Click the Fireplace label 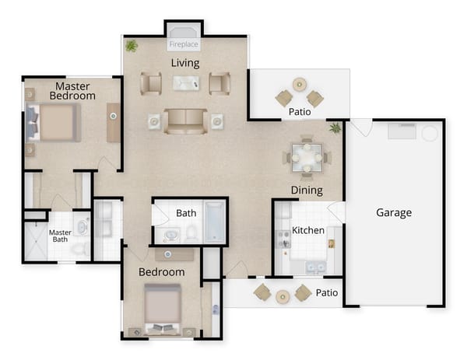click(184, 45)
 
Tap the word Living click(184, 63)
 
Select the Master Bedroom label click(72, 90)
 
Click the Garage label click(394, 212)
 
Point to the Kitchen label click(307, 231)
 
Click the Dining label click(307, 190)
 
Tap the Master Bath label click(60, 236)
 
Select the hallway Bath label click(186, 213)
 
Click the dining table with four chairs click(307, 156)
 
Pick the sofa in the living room click(185, 121)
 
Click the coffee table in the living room click(185, 82)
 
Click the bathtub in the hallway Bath click(214, 222)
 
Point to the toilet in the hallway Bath click(191, 232)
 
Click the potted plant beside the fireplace click(132, 47)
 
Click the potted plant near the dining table click(335, 128)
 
